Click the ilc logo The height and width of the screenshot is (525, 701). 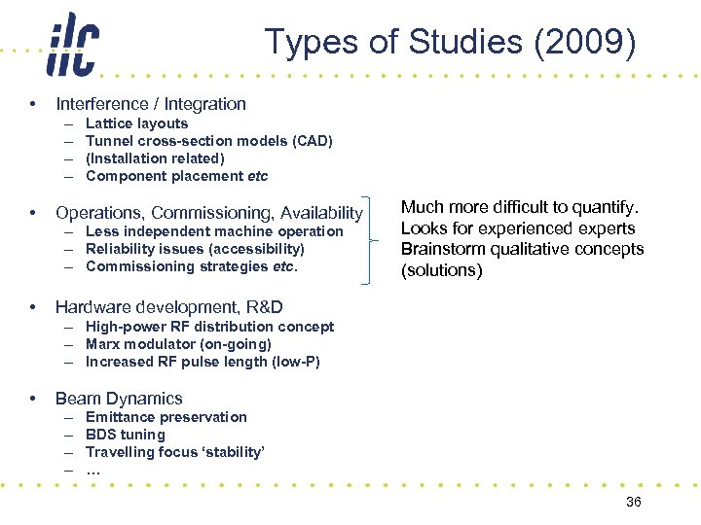(72, 46)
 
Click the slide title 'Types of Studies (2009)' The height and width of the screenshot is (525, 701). (450, 43)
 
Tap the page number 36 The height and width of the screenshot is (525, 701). (633, 502)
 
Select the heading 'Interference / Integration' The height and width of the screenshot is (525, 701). (151, 104)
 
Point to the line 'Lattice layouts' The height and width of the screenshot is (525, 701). (136, 123)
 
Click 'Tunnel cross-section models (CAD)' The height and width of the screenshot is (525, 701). (208, 141)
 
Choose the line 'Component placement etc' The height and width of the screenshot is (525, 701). (176, 176)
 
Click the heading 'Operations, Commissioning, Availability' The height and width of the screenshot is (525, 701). (208, 213)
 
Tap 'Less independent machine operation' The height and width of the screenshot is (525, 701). (214, 231)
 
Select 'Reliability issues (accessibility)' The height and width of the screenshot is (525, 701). (195, 249)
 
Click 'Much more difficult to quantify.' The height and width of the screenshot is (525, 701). (520, 207)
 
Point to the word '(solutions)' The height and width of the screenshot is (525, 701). (442, 270)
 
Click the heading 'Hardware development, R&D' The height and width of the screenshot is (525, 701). (169, 307)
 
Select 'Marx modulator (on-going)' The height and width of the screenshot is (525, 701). (178, 344)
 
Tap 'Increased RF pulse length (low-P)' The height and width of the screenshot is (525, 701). (203, 362)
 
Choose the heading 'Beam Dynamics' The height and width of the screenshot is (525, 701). (119, 399)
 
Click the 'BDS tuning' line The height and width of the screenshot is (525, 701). (126, 435)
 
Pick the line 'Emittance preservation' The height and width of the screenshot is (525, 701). (166, 417)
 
